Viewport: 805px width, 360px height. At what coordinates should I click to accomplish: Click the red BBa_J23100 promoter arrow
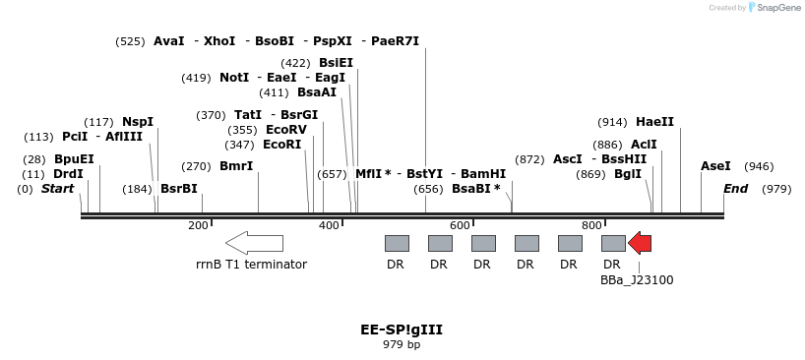(640, 243)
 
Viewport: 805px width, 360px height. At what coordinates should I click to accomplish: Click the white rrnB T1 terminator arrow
(254, 243)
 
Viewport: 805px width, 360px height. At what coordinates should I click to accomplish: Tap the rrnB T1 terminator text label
(252, 264)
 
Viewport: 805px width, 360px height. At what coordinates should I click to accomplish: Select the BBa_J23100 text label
(637, 279)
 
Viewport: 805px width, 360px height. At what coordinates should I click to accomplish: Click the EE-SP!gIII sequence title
(402, 330)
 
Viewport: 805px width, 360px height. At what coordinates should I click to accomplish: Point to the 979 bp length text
(402, 344)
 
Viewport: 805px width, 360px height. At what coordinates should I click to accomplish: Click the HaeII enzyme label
(654, 122)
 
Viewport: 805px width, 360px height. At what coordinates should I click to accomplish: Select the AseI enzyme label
(715, 166)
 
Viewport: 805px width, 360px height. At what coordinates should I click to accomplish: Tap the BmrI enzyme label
(236, 166)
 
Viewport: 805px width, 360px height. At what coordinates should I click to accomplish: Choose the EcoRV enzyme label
(286, 129)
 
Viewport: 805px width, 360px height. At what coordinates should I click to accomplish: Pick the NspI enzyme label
(138, 121)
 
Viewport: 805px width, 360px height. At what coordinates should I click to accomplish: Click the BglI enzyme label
(628, 173)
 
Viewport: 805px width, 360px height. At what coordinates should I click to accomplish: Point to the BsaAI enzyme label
(317, 92)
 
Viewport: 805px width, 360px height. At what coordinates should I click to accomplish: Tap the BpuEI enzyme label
(74, 158)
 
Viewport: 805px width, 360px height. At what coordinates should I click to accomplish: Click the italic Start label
(57, 188)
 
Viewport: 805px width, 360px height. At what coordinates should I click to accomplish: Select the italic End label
(735, 188)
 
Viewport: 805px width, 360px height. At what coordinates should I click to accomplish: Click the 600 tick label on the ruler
(460, 225)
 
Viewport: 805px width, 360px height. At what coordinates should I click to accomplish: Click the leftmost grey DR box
(397, 243)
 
